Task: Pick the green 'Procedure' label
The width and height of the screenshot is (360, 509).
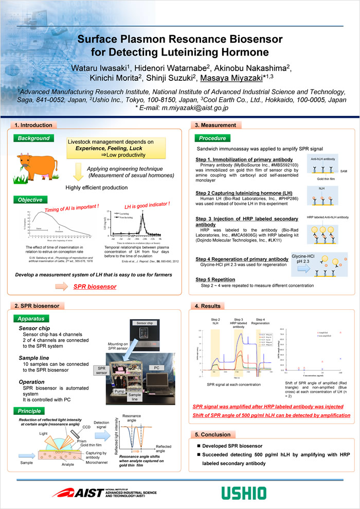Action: click(212, 138)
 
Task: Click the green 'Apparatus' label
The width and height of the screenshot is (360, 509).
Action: click(34, 319)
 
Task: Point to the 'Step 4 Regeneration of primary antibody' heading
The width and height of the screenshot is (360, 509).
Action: click(242, 259)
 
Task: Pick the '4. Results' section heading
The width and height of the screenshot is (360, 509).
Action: click(208, 306)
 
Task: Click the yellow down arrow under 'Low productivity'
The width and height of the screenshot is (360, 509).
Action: click(78, 170)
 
